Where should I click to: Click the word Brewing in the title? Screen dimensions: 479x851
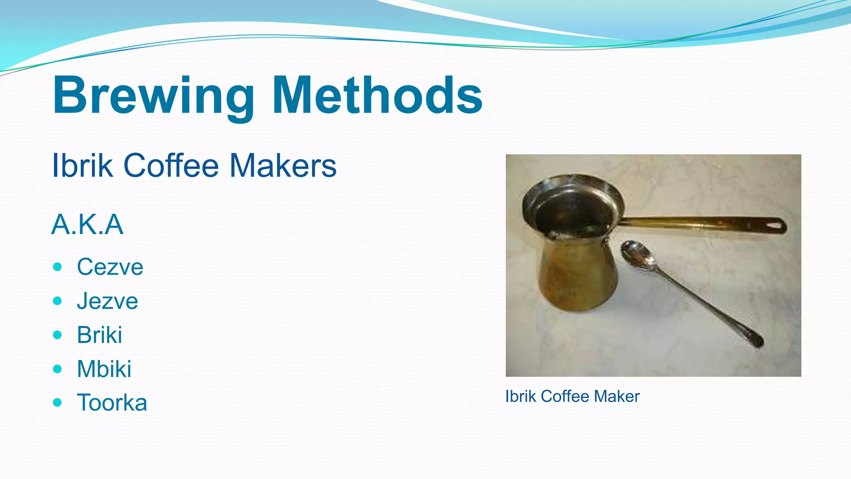click(x=153, y=96)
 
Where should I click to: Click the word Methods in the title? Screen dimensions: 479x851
click(x=377, y=96)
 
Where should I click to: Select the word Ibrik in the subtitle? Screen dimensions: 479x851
click(x=82, y=165)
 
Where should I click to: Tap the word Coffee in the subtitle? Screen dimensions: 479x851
click(x=171, y=165)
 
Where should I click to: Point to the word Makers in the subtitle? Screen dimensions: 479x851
click(x=283, y=165)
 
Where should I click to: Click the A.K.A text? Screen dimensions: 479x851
click(x=87, y=225)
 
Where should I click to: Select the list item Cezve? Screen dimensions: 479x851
click(x=110, y=267)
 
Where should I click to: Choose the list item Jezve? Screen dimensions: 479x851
click(x=107, y=301)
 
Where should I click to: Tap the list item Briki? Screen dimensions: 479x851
click(x=100, y=335)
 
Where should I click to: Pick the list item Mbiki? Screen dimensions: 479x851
click(x=104, y=369)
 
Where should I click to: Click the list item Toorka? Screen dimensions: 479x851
click(x=112, y=402)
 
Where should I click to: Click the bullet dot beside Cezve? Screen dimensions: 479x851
click(x=58, y=267)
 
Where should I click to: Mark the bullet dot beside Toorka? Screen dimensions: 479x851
click(x=58, y=402)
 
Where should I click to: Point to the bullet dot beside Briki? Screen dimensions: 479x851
click(x=58, y=335)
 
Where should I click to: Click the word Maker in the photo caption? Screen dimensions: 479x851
click(x=617, y=396)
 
